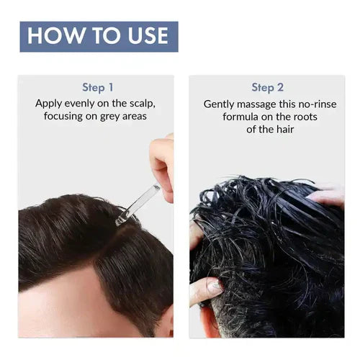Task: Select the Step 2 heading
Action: [x=267, y=88]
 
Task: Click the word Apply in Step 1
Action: [x=50, y=104]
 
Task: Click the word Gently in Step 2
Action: [x=219, y=104]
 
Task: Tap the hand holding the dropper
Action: [x=162, y=162]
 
